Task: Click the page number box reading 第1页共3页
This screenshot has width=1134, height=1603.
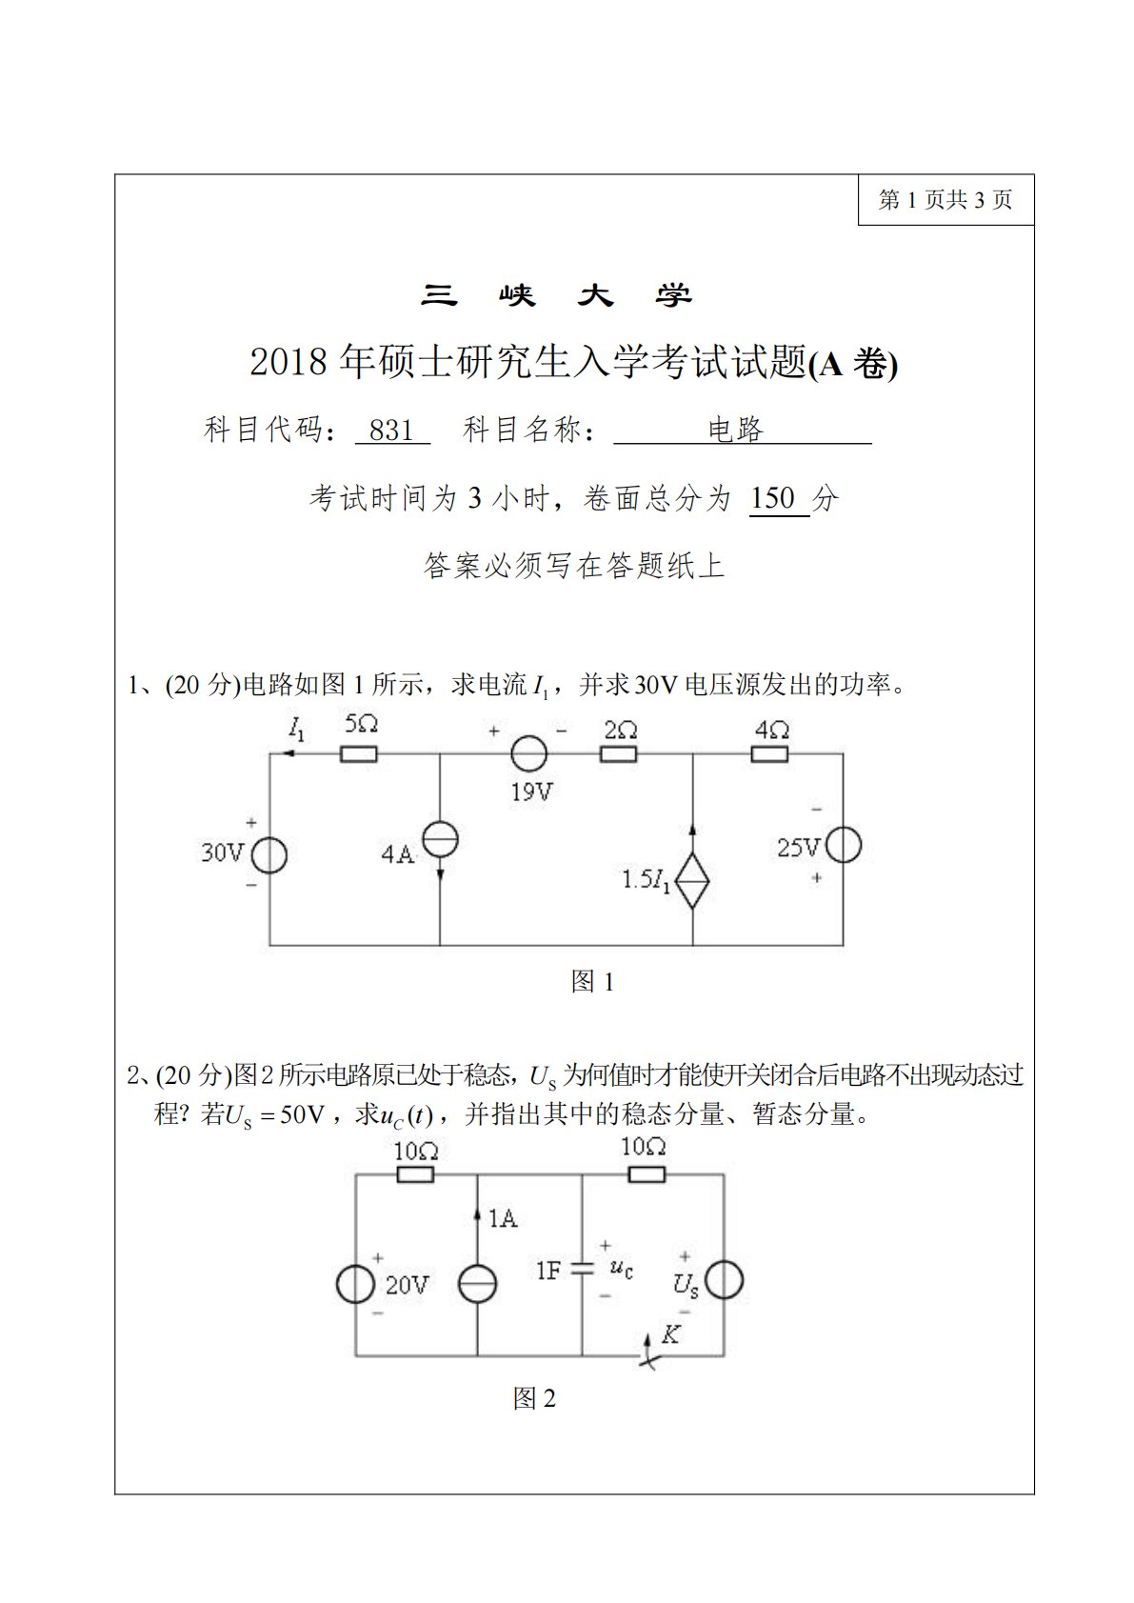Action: point(945,200)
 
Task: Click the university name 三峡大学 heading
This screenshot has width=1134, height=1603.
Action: point(556,296)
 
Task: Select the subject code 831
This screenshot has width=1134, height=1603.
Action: point(391,431)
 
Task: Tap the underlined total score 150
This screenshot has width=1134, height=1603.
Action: point(772,498)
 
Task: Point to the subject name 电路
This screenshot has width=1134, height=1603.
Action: point(736,431)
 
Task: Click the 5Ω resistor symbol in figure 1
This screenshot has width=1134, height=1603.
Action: point(358,754)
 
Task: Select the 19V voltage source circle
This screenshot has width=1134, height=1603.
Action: point(528,754)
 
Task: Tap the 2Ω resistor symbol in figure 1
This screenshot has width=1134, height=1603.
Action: point(618,754)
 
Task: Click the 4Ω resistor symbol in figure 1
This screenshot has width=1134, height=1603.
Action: point(769,754)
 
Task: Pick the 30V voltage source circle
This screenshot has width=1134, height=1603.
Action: point(269,855)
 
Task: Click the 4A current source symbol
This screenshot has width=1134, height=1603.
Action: point(440,840)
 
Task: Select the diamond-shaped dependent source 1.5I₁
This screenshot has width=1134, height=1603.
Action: point(692,880)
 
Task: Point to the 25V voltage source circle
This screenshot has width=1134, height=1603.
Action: point(844,846)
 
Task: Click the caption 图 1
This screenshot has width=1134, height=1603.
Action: point(592,982)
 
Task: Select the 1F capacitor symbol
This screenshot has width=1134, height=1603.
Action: point(582,1269)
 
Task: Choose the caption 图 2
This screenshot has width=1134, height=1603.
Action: point(534,1398)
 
